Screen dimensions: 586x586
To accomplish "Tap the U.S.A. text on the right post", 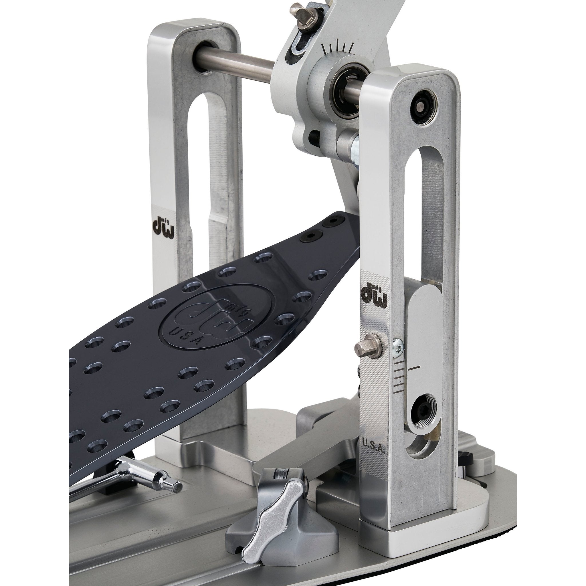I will [x=373, y=454].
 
